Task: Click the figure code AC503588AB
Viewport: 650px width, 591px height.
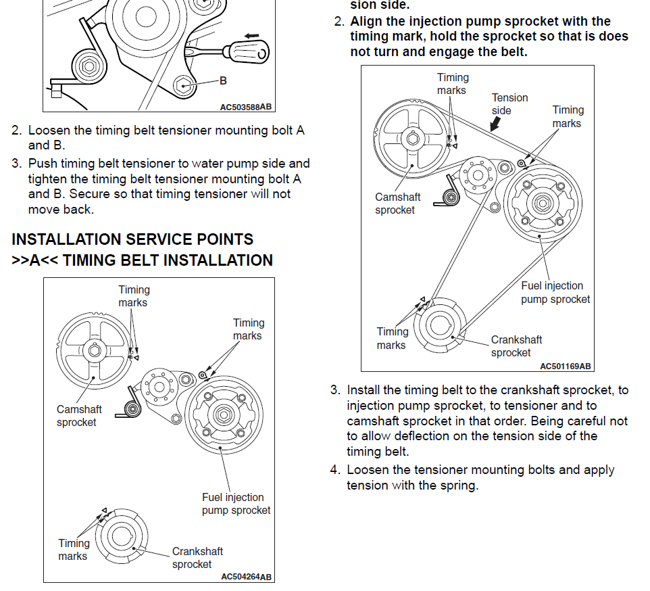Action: click(x=246, y=106)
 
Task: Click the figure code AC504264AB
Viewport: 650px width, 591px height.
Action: click(x=247, y=577)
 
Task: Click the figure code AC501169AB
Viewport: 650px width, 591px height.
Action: click(x=566, y=366)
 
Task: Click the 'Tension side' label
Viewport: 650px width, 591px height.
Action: click(x=509, y=104)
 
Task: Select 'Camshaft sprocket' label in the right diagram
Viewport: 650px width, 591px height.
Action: click(x=397, y=204)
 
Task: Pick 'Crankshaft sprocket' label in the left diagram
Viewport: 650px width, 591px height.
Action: click(x=197, y=558)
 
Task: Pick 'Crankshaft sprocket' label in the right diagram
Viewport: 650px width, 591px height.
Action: click(x=516, y=346)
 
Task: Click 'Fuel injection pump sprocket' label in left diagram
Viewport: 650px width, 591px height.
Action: click(x=236, y=504)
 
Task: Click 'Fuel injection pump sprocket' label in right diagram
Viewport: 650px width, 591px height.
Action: click(x=555, y=292)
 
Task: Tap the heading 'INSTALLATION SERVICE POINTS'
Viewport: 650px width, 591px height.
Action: click(x=132, y=239)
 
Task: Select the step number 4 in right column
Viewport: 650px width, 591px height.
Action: click(x=334, y=470)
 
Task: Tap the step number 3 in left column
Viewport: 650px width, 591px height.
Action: click(x=16, y=164)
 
